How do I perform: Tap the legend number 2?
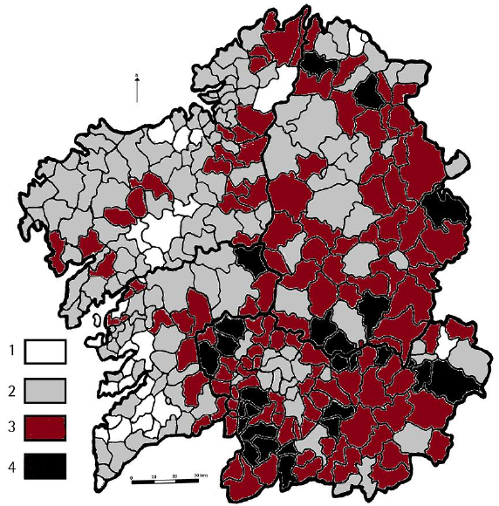click(x=10, y=386)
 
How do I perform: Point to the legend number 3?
click(x=10, y=426)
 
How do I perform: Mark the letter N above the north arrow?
click(x=138, y=76)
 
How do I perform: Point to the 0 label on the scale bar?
click(x=131, y=475)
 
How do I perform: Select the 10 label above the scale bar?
click(x=154, y=475)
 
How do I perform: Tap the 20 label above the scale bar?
click(x=176, y=475)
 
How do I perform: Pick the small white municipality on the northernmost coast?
click(x=357, y=39)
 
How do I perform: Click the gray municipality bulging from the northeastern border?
click(x=455, y=165)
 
